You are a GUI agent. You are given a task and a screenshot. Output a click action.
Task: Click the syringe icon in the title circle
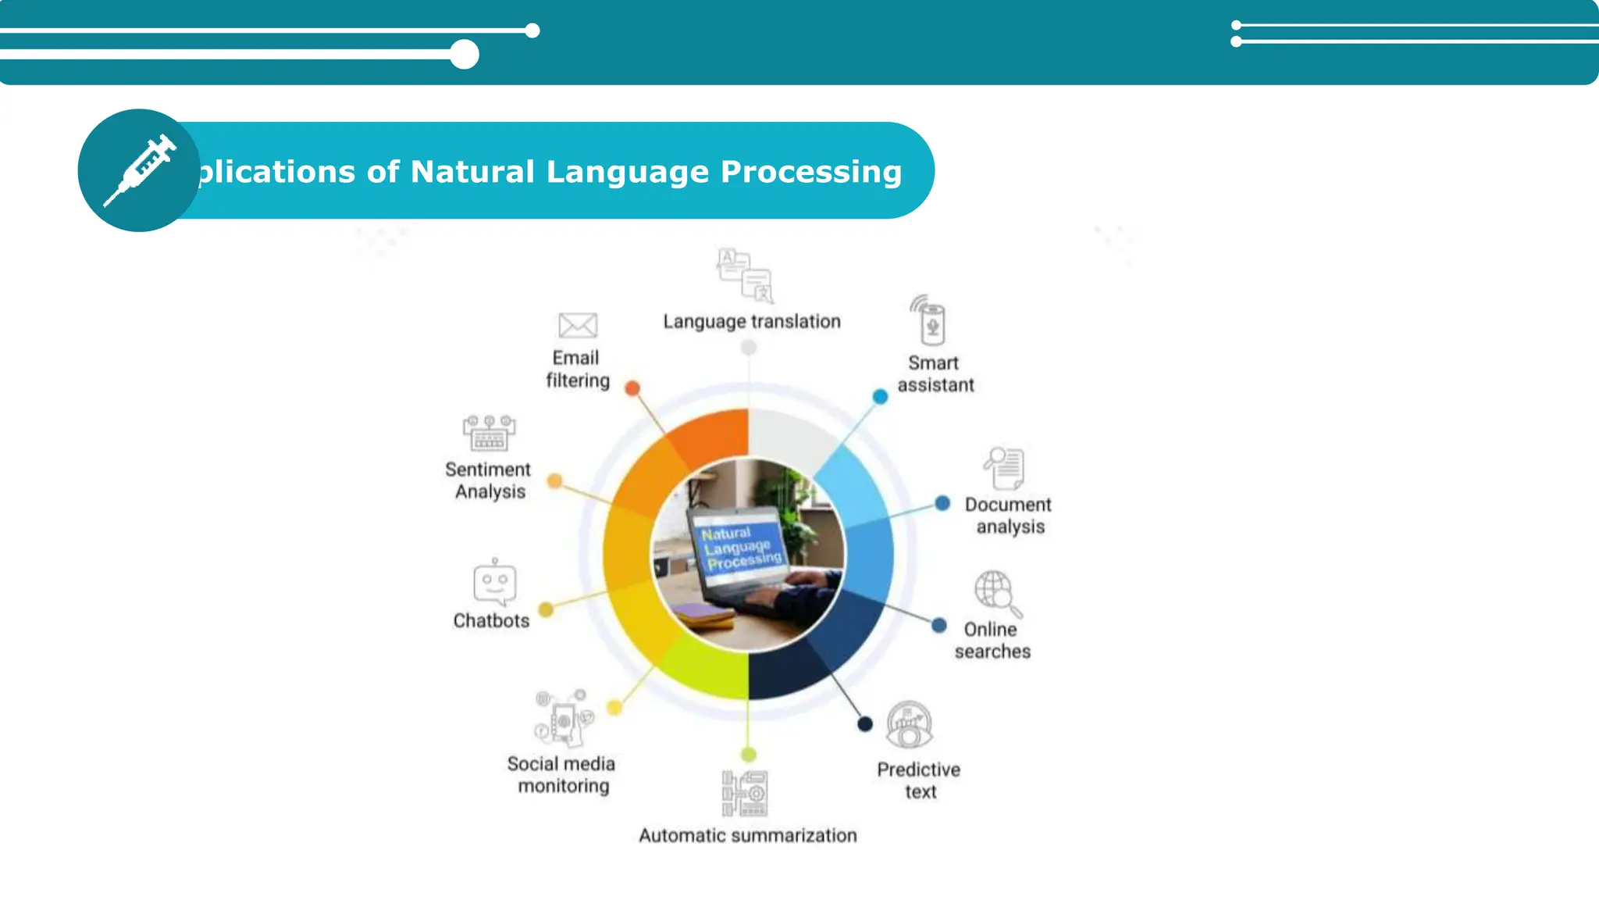[x=141, y=170]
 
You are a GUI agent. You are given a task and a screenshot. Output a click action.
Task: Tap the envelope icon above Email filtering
[x=578, y=325]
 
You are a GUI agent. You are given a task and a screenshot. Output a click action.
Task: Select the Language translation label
[x=752, y=321]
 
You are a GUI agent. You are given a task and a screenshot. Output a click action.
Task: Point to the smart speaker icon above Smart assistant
[x=930, y=321]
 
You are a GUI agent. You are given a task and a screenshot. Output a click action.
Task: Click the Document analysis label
[x=1009, y=516]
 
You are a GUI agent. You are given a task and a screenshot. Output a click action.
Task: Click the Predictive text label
[x=919, y=780]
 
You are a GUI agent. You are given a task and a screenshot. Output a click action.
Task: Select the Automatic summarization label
[x=748, y=835]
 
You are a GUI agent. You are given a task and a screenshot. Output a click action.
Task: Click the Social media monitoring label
[x=562, y=774]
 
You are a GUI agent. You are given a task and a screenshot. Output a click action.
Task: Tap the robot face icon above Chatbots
[x=494, y=583]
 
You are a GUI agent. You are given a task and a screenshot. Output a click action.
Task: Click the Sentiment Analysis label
[x=489, y=480]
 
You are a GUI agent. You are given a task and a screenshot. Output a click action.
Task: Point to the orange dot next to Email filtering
[x=632, y=388]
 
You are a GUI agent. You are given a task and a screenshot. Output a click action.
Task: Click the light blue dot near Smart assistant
[x=880, y=397]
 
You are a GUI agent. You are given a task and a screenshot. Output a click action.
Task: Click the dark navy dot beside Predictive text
[x=865, y=724]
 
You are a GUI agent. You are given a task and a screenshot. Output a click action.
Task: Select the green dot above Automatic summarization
[x=748, y=755]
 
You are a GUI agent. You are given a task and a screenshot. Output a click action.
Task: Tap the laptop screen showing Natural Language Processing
[x=739, y=546]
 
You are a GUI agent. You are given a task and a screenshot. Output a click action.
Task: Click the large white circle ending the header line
[x=465, y=55]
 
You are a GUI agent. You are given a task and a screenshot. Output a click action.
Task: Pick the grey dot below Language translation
[x=748, y=348]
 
